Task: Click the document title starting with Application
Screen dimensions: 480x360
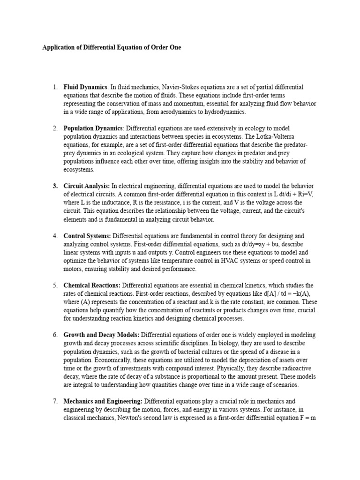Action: (x=112, y=47)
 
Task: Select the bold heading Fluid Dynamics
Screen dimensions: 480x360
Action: (x=85, y=87)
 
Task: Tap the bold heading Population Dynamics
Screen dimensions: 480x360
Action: (x=93, y=128)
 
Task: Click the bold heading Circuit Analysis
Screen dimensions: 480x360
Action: (x=86, y=186)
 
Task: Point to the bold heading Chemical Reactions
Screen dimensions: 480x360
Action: (x=92, y=285)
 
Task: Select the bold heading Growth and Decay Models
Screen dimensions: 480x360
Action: (x=101, y=335)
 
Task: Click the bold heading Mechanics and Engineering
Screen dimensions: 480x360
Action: (x=103, y=401)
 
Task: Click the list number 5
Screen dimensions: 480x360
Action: (x=55, y=285)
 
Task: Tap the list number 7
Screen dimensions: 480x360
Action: (x=55, y=401)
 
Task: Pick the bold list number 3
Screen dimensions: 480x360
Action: (x=55, y=186)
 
